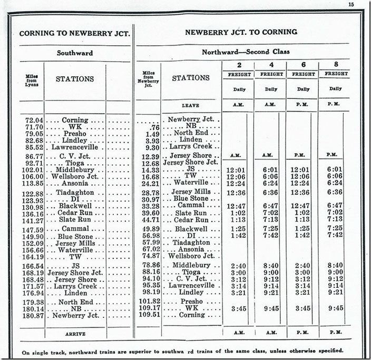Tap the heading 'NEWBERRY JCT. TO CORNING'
point(241,32)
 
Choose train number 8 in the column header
point(336,65)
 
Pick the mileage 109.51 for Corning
point(150,315)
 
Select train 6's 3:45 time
point(304,308)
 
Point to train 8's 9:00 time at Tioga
point(336,272)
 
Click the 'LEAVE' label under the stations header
point(190,105)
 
